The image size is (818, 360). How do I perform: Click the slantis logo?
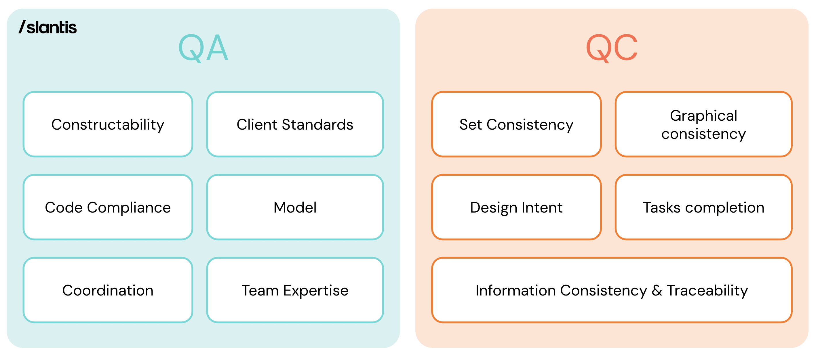[47, 27]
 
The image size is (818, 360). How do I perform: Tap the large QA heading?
[203, 48]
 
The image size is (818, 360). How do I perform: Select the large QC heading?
[612, 48]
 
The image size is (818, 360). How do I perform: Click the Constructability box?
[108, 124]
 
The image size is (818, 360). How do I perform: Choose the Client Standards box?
[295, 124]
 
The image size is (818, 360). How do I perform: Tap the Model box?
[295, 207]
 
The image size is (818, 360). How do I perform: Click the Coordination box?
[108, 290]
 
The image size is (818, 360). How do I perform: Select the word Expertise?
[316, 291]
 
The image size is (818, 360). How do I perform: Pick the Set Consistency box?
[516, 124]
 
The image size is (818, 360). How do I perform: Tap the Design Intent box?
[516, 207]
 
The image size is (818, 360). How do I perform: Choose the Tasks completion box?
[703, 207]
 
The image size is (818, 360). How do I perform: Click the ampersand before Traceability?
[657, 290]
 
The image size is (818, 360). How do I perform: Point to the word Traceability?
[707, 291]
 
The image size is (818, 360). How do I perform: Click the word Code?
[64, 207]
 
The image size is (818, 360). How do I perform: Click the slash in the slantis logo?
[22, 27]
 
